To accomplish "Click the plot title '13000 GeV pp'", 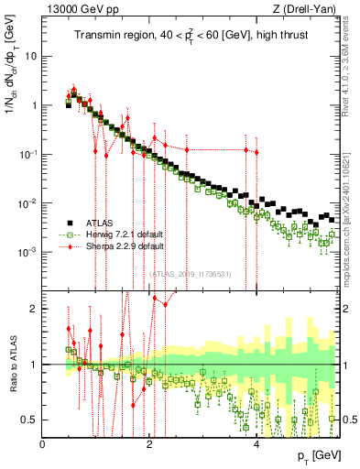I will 75,9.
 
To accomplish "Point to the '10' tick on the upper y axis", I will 29,55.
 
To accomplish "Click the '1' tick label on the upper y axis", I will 33,104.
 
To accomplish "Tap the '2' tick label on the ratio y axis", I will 34,309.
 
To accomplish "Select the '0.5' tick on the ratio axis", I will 28,420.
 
